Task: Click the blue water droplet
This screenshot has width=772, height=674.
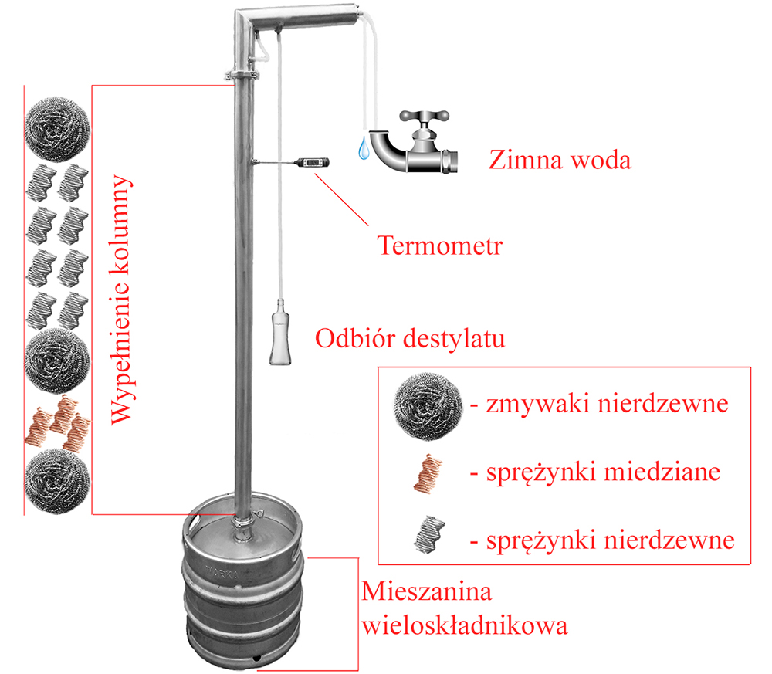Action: [x=364, y=148]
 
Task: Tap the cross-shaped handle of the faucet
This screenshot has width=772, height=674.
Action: [x=424, y=117]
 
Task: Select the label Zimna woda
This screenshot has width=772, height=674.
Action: [x=560, y=160]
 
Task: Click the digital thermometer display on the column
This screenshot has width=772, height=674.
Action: [x=312, y=162]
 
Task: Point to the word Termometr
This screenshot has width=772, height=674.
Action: [x=440, y=246]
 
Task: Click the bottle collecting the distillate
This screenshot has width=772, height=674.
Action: [x=280, y=332]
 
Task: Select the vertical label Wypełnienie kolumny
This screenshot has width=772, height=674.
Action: [x=121, y=300]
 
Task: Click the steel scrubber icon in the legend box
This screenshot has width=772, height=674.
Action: [x=428, y=406]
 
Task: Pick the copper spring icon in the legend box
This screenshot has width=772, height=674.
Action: [x=428, y=473]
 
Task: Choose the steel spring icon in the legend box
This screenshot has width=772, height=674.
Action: [x=428, y=534]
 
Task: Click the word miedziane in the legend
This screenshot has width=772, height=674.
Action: [x=662, y=472]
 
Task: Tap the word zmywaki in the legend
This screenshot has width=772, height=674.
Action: [x=538, y=405]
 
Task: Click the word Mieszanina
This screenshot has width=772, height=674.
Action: [x=427, y=591]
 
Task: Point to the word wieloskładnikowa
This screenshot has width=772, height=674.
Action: [x=465, y=625]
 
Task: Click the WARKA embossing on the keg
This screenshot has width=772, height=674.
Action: [x=221, y=573]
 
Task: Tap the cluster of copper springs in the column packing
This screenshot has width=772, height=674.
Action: [x=58, y=423]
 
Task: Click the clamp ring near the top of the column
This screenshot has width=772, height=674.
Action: [x=242, y=76]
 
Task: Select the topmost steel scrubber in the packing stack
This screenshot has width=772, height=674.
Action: [x=58, y=129]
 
